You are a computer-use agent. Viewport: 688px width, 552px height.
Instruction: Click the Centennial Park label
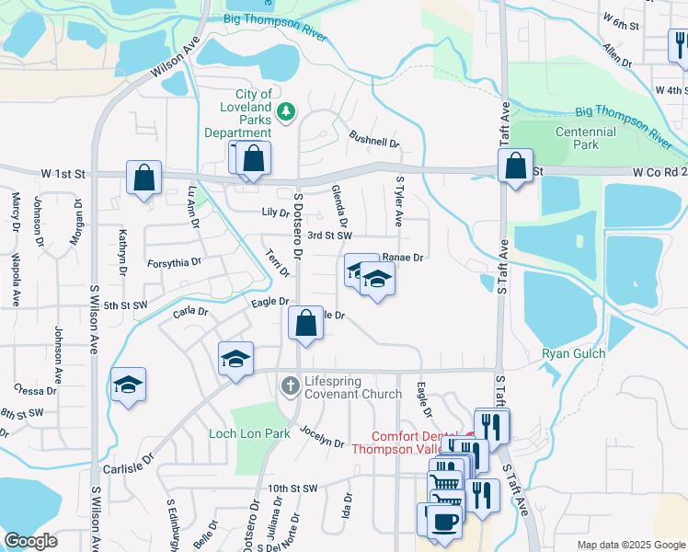pos(585,138)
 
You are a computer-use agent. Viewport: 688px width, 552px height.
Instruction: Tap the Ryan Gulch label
pos(573,354)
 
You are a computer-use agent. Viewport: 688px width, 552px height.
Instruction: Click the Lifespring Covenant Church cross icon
pos(291,385)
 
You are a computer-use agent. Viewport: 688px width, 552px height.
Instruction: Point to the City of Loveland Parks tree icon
pos(287,111)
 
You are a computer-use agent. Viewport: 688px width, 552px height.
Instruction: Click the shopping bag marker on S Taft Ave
pos(516,167)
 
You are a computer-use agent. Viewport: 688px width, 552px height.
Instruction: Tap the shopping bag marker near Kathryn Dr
pos(144,178)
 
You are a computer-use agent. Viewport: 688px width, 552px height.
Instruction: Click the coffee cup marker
pos(446,520)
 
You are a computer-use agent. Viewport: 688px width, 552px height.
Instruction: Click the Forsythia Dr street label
pos(174,262)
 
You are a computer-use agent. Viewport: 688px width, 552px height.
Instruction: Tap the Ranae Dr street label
pos(405,258)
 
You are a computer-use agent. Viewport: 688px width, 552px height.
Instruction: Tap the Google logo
pos(30,541)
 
